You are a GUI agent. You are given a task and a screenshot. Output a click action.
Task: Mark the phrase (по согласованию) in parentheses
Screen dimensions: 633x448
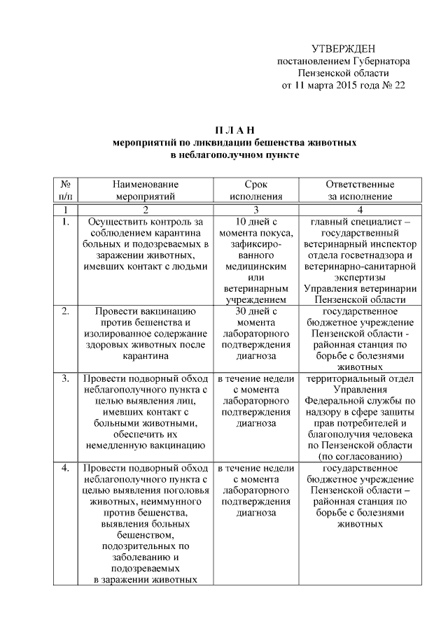pos(360,455)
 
